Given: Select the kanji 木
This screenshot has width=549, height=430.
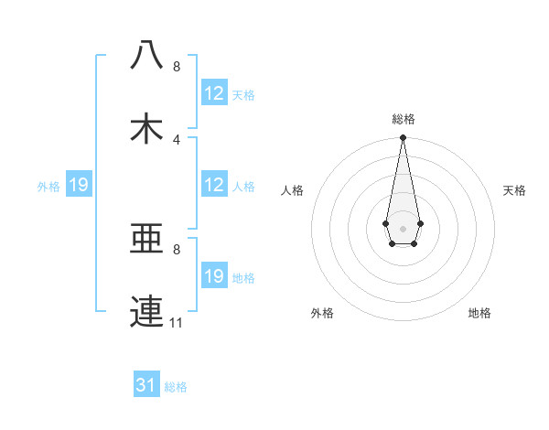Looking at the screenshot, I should coord(147,129).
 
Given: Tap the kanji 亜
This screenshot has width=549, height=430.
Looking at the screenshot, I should coord(147,239).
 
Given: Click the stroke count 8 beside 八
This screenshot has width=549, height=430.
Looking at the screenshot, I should coord(177,67).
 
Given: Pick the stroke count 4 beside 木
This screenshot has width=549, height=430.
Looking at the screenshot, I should coord(177,140).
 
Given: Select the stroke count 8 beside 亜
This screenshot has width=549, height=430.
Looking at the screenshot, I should coord(177,249).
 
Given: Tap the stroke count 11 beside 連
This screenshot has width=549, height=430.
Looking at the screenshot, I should coord(177,323).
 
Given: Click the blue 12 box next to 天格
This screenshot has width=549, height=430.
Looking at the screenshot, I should coord(214,93).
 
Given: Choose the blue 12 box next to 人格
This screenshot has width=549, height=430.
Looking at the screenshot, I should coord(214,185).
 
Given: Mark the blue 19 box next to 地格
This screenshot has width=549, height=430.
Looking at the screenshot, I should coord(214,276).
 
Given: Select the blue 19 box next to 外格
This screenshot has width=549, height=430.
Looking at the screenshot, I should coord(79,186).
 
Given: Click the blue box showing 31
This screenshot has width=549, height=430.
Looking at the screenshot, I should coord(146,385).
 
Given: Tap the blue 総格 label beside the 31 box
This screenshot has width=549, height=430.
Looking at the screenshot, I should coord(176,387).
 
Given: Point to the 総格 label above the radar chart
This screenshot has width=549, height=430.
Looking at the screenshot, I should coord(404,119).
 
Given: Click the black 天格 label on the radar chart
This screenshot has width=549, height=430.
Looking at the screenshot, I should coord(514,190).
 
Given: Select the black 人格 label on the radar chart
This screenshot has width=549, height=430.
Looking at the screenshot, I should coord(293,190).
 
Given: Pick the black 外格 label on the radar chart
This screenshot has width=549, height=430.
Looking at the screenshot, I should coord(322,313).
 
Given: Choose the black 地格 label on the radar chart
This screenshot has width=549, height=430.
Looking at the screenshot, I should coord(479,313).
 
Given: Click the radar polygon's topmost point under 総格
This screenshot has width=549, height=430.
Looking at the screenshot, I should coord(403,138).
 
